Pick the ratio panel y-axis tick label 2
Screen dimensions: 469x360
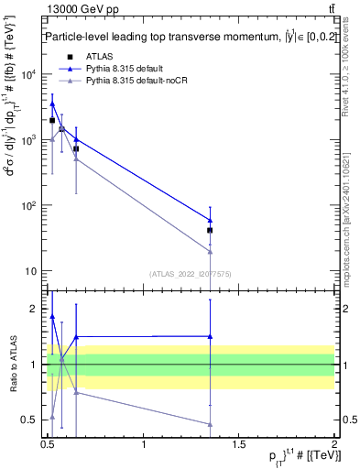(36, 309)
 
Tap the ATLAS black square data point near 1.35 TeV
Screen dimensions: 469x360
(211, 230)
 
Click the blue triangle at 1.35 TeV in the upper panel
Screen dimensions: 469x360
(211, 220)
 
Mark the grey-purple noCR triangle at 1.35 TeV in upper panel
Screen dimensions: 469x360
(211, 251)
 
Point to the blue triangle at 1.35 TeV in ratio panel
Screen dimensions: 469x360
(211, 336)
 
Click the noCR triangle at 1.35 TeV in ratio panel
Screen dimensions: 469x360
(211, 424)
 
